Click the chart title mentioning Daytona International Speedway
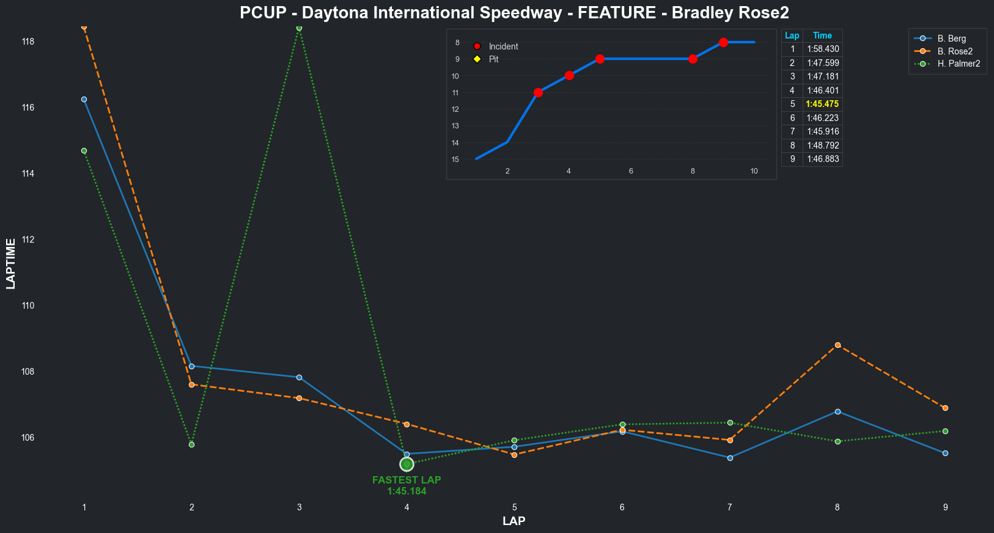514,13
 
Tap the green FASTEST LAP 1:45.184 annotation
407,486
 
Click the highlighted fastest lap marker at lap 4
407,465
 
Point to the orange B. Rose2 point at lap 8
838,345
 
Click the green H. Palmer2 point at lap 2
191,444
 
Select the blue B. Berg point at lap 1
84,99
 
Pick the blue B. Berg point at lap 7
730,458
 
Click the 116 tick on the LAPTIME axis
28,108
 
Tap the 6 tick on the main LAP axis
622,507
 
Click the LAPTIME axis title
10,263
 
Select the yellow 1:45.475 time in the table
822,104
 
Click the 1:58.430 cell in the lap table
822,49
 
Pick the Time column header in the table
822,35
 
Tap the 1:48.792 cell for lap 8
822,145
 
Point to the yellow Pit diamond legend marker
477,59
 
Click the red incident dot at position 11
538,93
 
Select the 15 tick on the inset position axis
455,160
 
